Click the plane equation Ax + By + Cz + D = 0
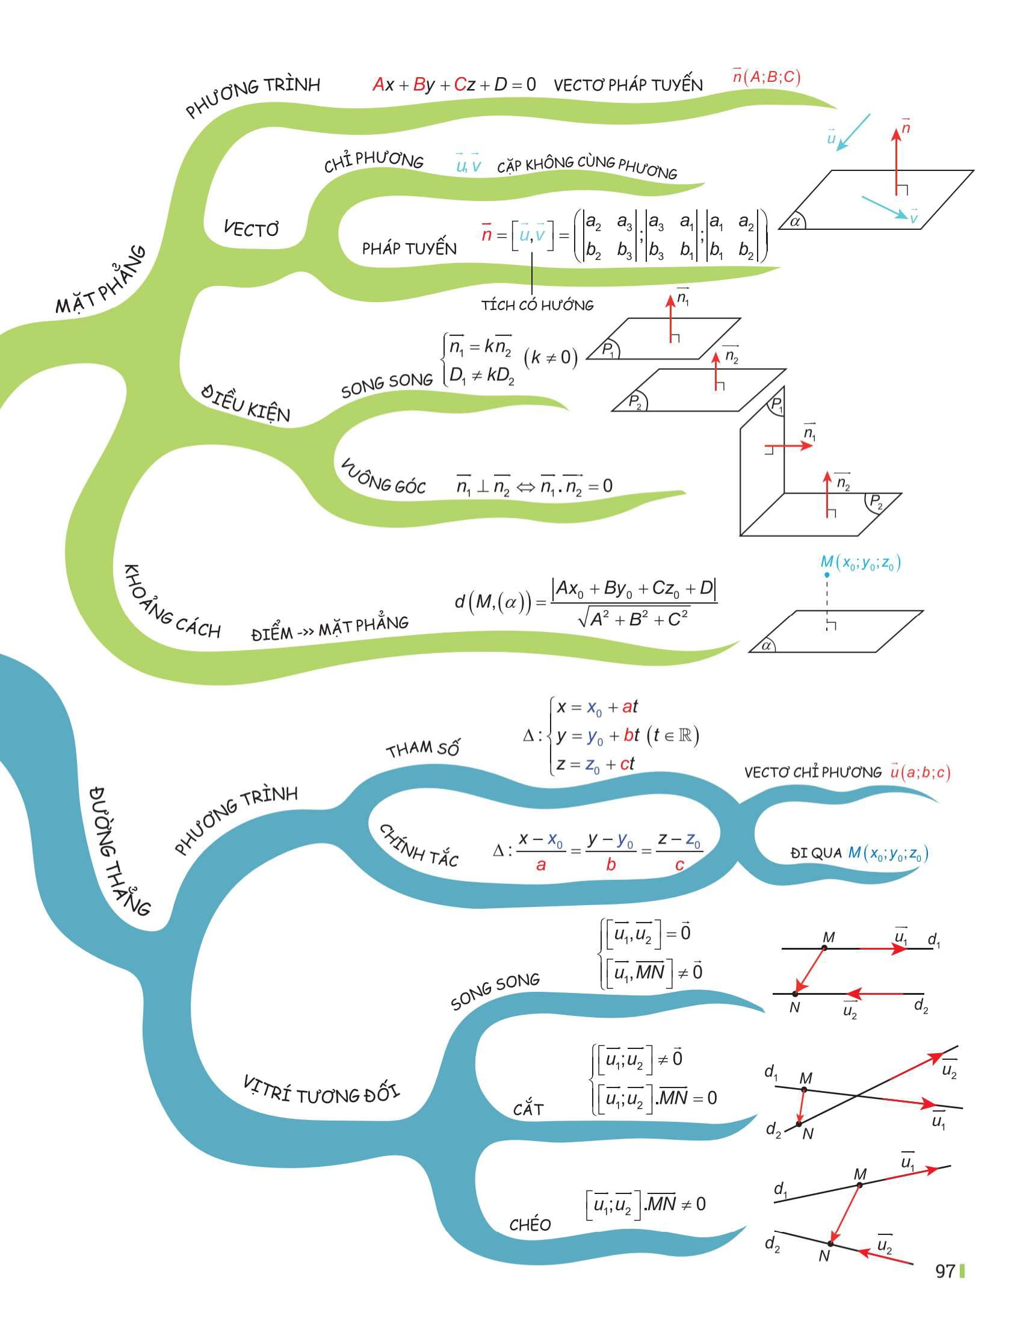tap(454, 84)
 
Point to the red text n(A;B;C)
tap(766, 77)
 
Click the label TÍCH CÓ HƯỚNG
tap(537, 305)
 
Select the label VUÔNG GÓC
tap(382, 478)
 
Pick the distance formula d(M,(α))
tap(586, 602)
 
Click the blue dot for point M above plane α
tap(827, 574)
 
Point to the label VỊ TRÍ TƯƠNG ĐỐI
tap(321, 1090)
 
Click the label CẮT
tap(528, 1109)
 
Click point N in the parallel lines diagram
tap(795, 994)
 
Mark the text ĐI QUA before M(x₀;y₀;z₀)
tap(816, 853)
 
